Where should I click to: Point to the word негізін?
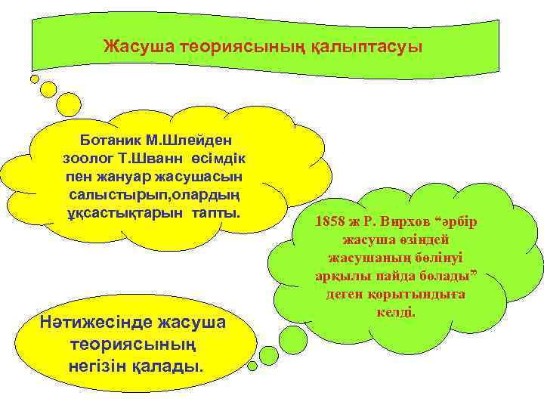coord(99,366)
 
